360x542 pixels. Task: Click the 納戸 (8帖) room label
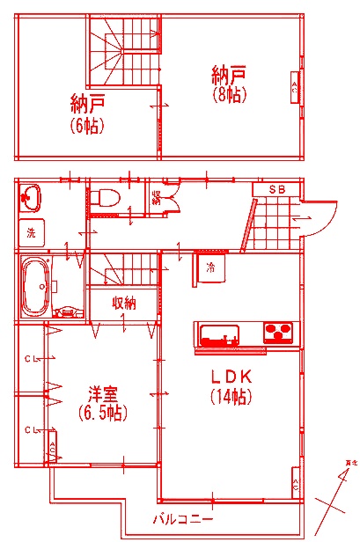pos(228,83)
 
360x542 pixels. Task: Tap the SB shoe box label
pos(276,189)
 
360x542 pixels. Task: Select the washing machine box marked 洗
pos(31,234)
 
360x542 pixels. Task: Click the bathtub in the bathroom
pos(33,287)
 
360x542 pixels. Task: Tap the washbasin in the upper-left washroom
pos(31,197)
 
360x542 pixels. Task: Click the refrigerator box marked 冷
pos(211,267)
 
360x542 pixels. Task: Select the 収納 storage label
pos(124,304)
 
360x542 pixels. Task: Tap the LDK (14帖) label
pos(231,385)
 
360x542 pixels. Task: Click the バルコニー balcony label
pos(182,518)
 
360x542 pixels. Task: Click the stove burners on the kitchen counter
pos(278,333)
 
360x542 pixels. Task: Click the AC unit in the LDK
pos(295,485)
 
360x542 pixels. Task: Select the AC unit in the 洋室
pos(53,449)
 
